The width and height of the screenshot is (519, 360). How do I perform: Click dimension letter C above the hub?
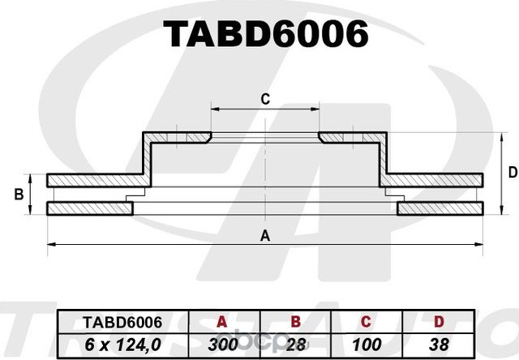point(264,100)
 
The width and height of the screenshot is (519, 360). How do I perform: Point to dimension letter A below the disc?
point(264,236)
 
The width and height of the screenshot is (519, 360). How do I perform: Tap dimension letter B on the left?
point(18,195)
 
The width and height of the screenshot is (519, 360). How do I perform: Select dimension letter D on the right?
point(512,172)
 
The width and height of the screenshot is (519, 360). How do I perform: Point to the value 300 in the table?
point(221,344)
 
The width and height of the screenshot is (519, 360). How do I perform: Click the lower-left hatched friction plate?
point(89,209)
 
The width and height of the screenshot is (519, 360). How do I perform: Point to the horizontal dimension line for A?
point(162,244)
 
